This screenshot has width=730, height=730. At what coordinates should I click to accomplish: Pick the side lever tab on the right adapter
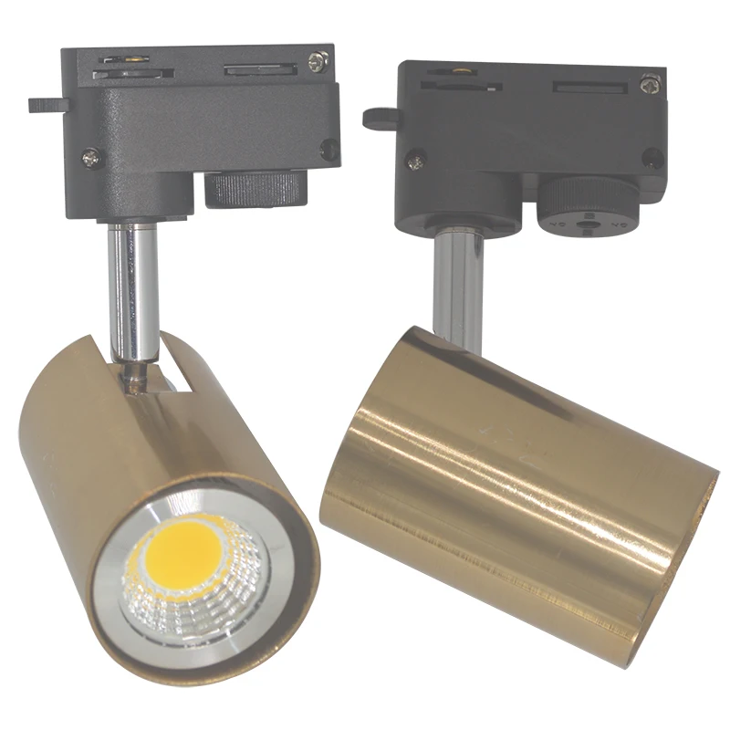point(378,117)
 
